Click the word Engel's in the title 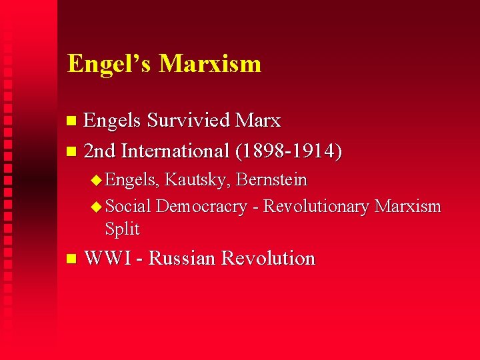click(x=109, y=64)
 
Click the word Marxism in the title click(x=210, y=64)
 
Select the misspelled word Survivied click(x=189, y=121)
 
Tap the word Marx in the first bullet click(x=258, y=121)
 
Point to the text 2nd click(x=100, y=151)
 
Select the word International click(x=175, y=151)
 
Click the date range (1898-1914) click(x=289, y=151)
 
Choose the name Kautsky click(x=198, y=180)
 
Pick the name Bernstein click(x=272, y=180)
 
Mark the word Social click(x=128, y=207)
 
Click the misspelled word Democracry click(x=201, y=207)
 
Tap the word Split click(x=122, y=229)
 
